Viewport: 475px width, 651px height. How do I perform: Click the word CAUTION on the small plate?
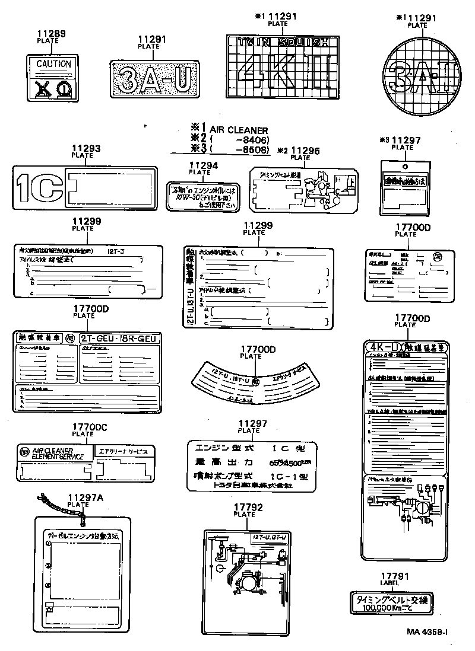coord(53,64)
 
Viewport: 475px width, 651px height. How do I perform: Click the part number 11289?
coord(52,34)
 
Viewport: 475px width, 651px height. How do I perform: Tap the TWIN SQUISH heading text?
coord(278,42)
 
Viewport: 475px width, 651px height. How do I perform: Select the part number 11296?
coord(305,151)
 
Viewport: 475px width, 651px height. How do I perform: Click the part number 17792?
coord(244,508)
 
